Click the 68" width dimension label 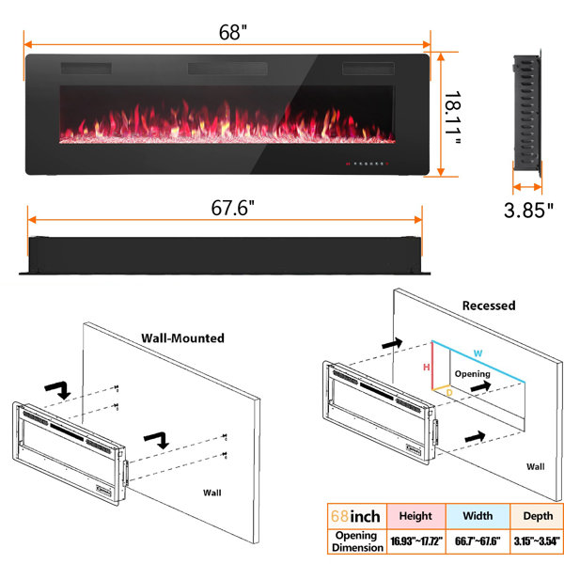[x=233, y=32]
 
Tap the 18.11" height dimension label [x=453, y=117]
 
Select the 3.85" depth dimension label [x=528, y=210]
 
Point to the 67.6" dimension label [x=232, y=208]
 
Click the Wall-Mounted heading [x=182, y=338]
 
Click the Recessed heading [x=489, y=305]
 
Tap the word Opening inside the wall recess [x=472, y=374]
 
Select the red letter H [x=426, y=368]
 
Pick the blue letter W [x=478, y=353]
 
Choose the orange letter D [x=449, y=393]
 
